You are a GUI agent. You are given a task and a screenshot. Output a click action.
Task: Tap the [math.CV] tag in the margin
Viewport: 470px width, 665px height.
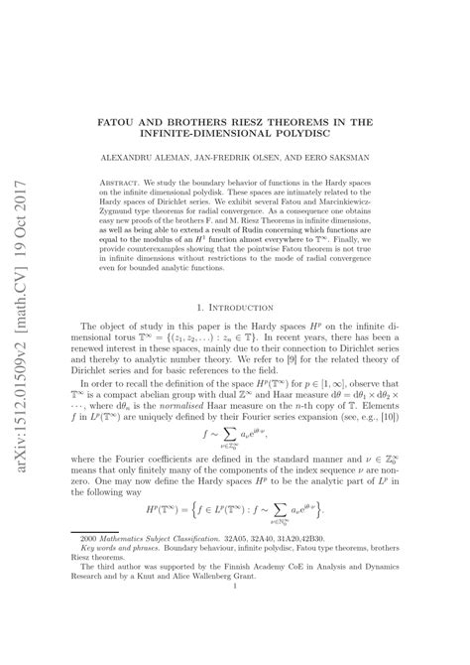click(x=22, y=328)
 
